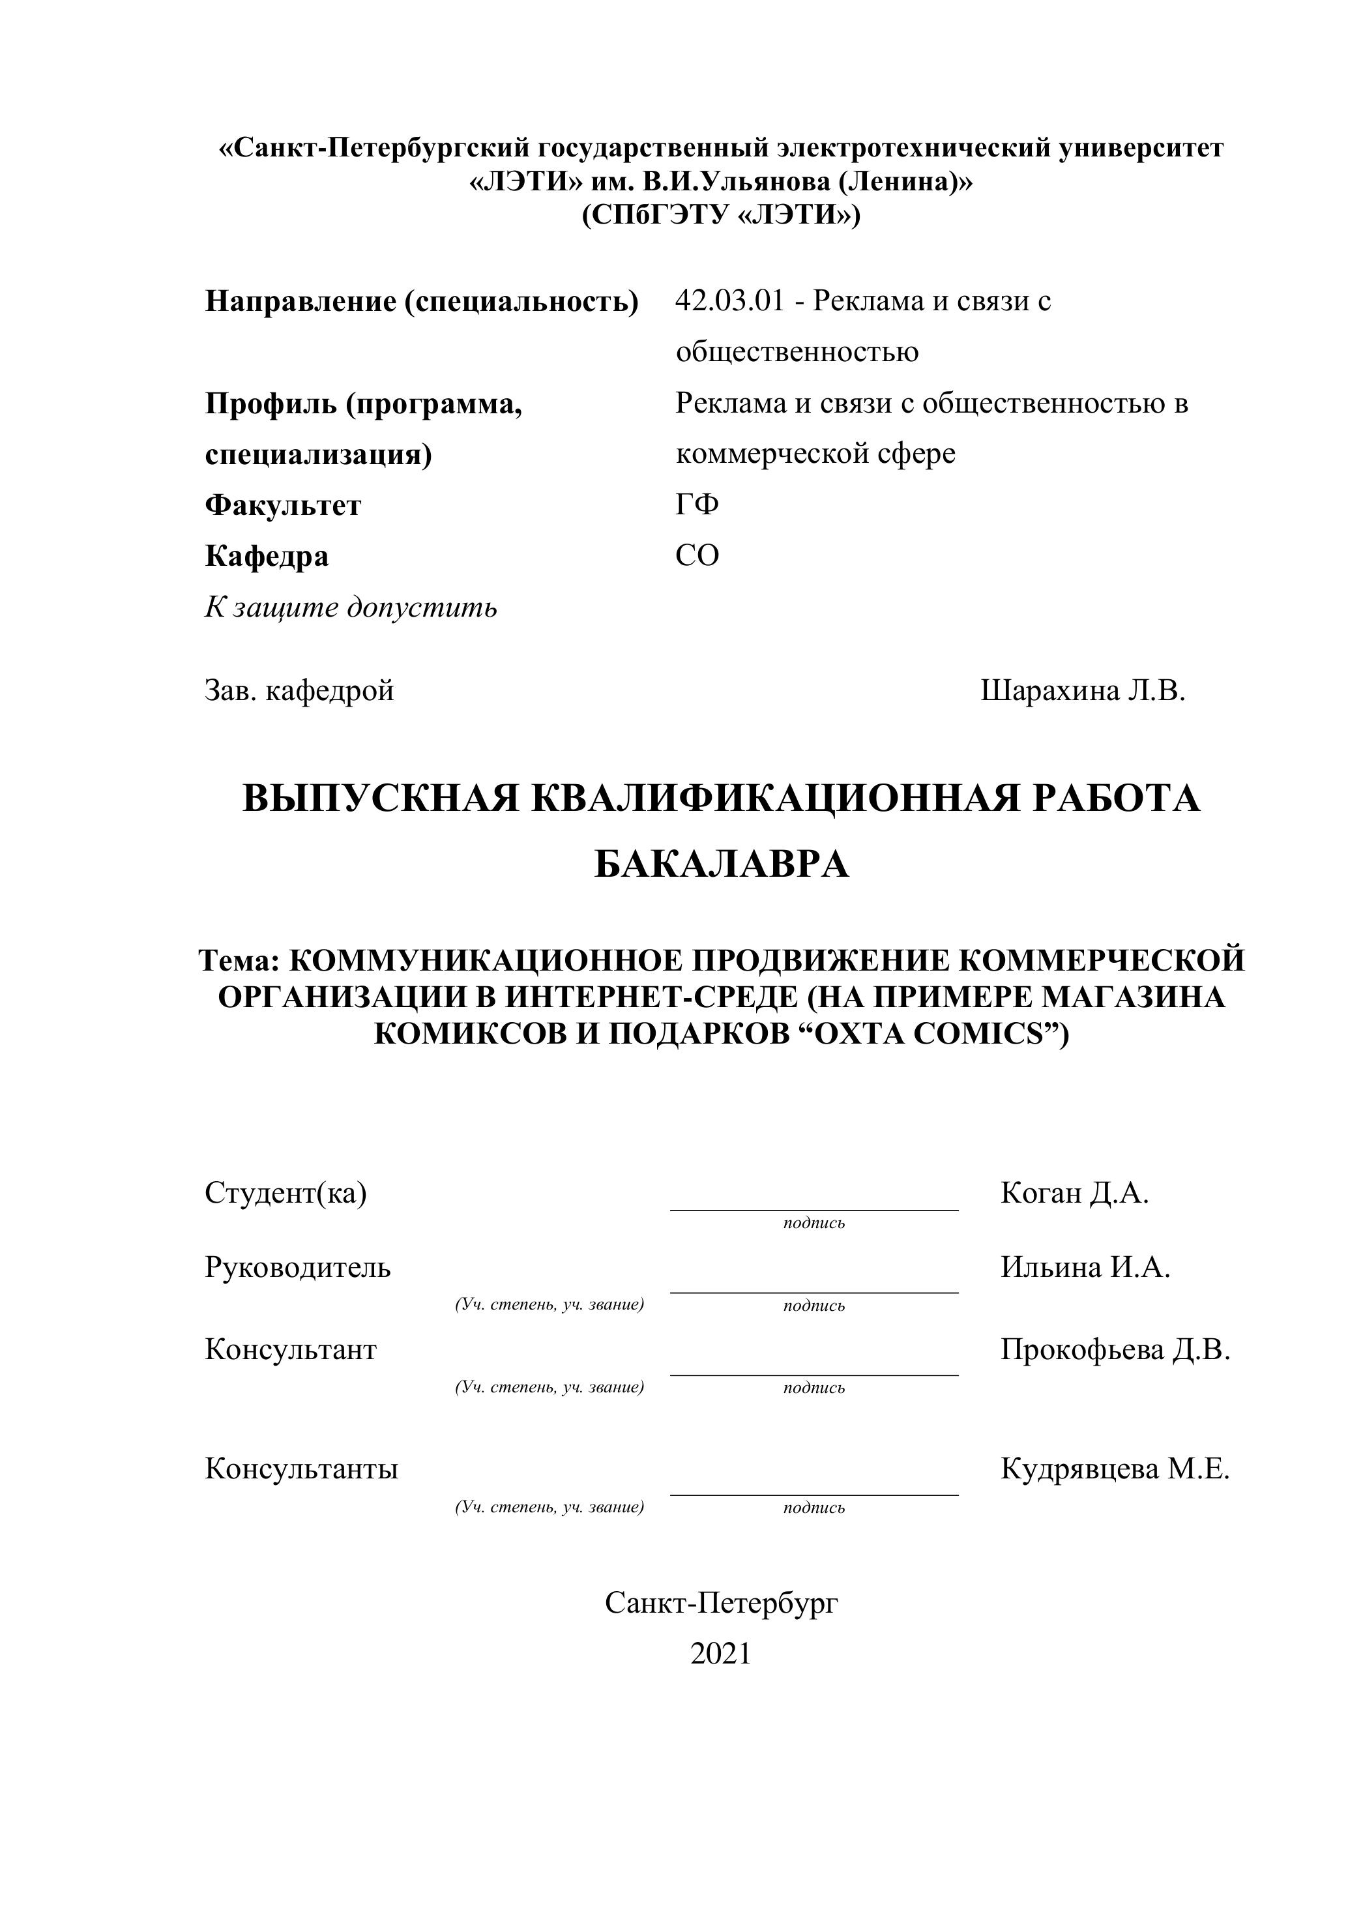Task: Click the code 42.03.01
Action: click(x=729, y=301)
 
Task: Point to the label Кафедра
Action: click(x=267, y=556)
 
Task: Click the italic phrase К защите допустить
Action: click(x=351, y=608)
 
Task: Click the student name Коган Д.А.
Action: click(x=1074, y=1194)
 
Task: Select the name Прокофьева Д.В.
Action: click(x=1115, y=1350)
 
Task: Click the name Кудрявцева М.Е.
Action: click(x=1115, y=1469)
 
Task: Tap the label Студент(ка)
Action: click(x=286, y=1194)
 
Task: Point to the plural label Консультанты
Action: click(x=301, y=1469)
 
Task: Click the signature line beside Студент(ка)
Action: click(x=813, y=1209)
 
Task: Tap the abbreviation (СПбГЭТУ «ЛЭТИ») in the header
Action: click(x=720, y=215)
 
